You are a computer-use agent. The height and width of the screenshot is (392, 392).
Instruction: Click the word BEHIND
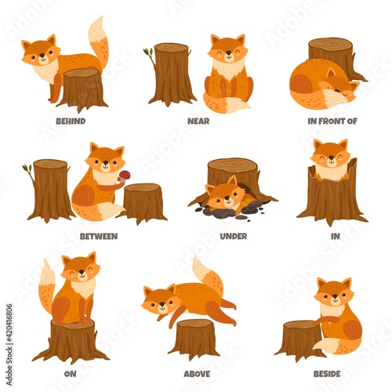point(71,122)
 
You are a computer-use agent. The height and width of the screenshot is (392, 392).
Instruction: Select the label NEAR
point(198,122)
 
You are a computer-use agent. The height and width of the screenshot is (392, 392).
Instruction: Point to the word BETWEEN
point(99,235)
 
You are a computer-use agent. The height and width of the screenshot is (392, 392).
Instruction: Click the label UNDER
point(233,235)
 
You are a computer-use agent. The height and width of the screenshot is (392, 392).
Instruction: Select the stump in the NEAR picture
point(172,74)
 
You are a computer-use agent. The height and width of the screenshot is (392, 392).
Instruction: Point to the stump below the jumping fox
point(194,337)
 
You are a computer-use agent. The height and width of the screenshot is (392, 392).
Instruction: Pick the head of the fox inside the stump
point(332,155)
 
